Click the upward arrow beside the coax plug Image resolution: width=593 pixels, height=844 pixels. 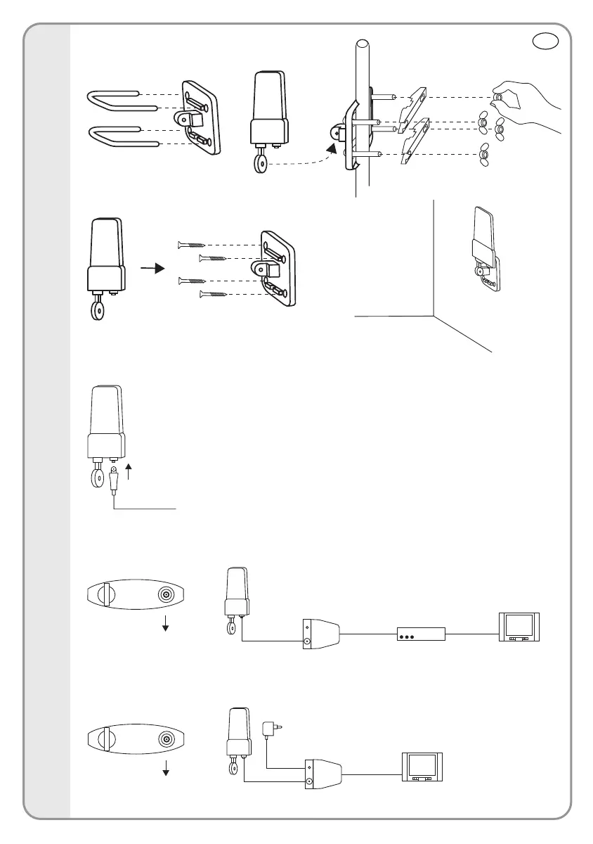click(x=128, y=469)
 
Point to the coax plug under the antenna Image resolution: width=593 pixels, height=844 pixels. click(x=115, y=480)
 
